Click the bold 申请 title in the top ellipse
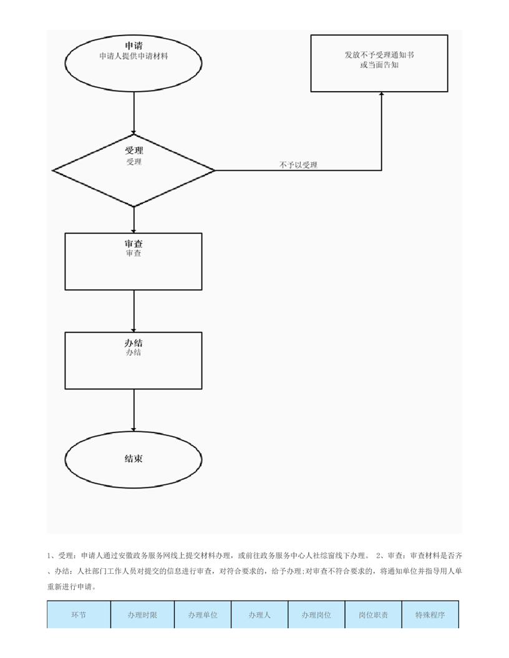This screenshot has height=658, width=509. click(x=133, y=45)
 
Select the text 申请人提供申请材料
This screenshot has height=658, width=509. click(x=133, y=56)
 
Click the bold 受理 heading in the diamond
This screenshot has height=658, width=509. click(x=134, y=150)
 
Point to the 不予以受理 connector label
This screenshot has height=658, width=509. click(x=298, y=165)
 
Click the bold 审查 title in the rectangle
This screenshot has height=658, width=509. click(x=133, y=244)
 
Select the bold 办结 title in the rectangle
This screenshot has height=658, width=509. click(x=133, y=343)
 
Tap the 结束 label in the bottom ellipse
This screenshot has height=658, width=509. click(x=133, y=458)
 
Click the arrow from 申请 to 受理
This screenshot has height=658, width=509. click(x=134, y=113)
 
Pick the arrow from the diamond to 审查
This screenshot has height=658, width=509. click(x=134, y=220)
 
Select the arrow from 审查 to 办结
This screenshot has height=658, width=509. click(x=134, y=311)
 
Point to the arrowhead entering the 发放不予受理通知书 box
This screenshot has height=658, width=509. click(x=381, y=94)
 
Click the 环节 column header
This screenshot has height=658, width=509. click(x=79, y=615)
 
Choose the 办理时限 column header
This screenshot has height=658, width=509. click(x=142, y=615)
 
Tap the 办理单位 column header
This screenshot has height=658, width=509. click(x=203, y=615)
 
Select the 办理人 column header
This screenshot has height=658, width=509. click(x=259, y=615)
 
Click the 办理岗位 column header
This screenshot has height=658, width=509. click(x=316, y=615)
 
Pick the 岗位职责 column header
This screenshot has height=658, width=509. click(x=374, y=615)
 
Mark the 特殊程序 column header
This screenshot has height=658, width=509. click(x=430, y=615)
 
